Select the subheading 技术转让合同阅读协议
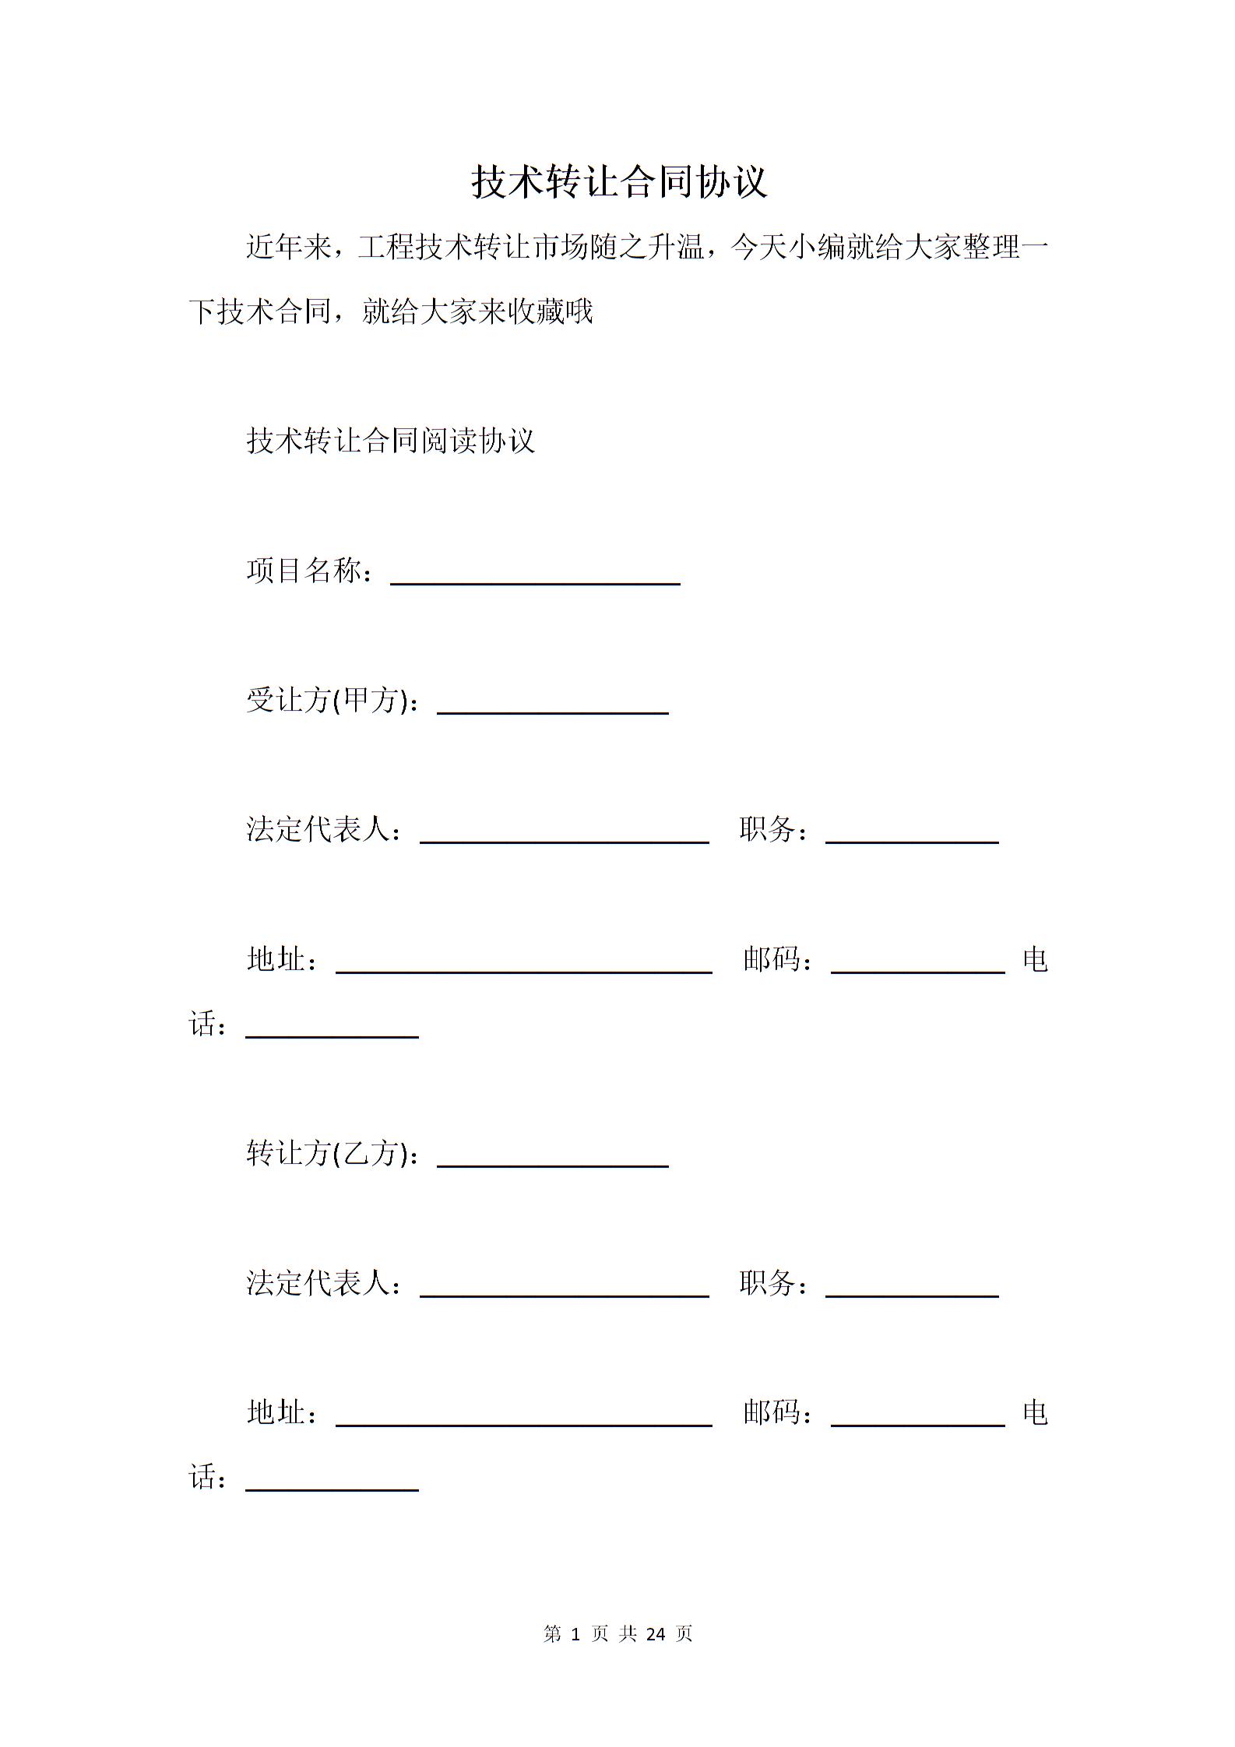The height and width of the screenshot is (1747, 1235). [x=390, y=441]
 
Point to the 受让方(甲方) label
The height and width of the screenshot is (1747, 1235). [x=327, y=701]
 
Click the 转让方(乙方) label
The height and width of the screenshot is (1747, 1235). [x=327, y=1154]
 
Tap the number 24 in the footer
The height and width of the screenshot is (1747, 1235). [x=656, y=1634]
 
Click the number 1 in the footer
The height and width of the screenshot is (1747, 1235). [x=575, y=1634]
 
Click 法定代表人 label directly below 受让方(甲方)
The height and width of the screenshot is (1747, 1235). [x=318, y=830]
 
